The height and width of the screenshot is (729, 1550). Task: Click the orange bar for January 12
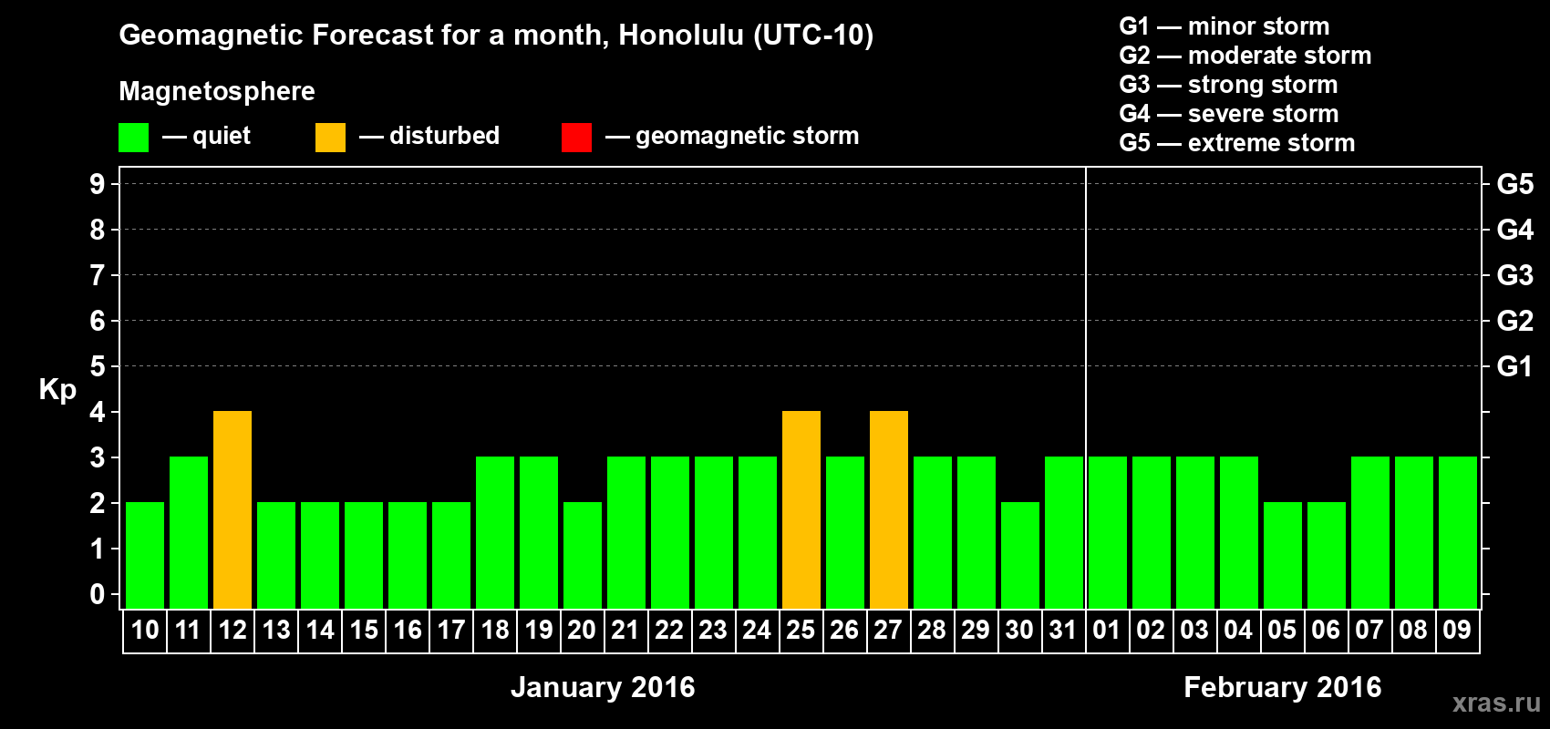pyautogui.click(x=232, y=509)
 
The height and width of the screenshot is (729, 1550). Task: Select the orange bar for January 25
pyautogui.click(x=801, y=509)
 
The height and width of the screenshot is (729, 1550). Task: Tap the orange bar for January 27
pyautogui.click(x=889, y=509)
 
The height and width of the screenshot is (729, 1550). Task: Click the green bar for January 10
pyautogui.click(x=145, y=555)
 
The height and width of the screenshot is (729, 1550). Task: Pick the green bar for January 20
pyautogui.click(x=583, y=555)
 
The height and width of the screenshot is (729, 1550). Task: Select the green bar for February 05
pyautogui.click(x=1283, y=555)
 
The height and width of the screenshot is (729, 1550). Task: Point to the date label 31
pyautogui.click(x=1063, y=630)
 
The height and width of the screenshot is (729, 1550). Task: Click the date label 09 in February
pyautogui.click(x=1457, y=630)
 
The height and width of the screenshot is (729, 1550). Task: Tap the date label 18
pyautogui.click(x=495, y=630)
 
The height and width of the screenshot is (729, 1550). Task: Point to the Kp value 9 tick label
pyautogui.click(x=97, y=184)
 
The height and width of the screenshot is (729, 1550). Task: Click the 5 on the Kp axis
pyautogui.click(x=97, y=366)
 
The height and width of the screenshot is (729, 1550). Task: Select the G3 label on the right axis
pyautogui.click(x=1514, y=275)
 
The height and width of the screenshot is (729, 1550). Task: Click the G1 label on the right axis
pyautogui.click(x=1514, y=366)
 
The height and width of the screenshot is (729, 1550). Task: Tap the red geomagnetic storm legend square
pyautogui.click(x=577, y=137)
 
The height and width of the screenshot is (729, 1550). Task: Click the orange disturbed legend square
pyautogui.click(x=330, y=137)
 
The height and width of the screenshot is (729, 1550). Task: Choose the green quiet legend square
pyautogui.click(x=133, y=137)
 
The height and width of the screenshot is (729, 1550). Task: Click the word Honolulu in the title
pyautogui.click(x=681, y=35)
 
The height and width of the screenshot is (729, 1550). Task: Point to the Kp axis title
pyautogui.click(x=57, y=389)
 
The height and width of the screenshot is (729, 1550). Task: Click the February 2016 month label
pyautogui.click(x=1282, y=687)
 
